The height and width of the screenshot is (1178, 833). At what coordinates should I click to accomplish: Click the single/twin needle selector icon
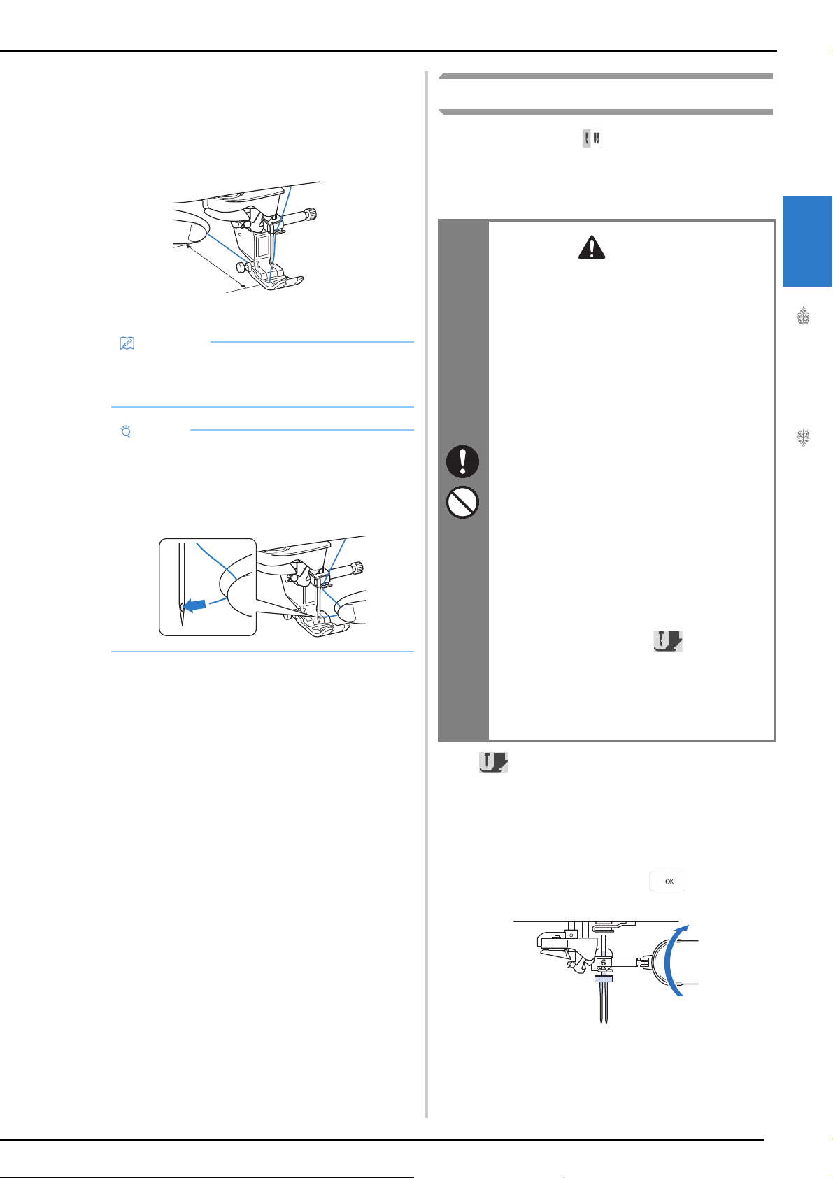(592, 138)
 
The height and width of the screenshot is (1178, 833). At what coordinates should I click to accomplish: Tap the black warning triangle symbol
(592, 247)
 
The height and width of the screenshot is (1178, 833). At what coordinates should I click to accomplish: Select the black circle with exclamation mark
(462, 461)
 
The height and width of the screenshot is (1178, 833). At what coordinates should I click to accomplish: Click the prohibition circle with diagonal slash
(462, 502)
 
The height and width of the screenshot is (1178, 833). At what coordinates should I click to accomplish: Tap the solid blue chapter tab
(808, 241)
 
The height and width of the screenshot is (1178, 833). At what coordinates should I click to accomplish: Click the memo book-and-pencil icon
(127, 343)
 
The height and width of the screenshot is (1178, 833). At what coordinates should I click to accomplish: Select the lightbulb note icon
(126, 432)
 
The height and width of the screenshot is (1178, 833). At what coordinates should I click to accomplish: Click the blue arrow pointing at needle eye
(195, 606)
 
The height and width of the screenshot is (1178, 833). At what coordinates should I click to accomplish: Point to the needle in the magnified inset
(182, 584)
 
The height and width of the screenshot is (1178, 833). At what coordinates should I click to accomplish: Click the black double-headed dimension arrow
(216, 266)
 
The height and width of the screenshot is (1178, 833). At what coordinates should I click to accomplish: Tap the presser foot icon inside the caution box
(668, 641)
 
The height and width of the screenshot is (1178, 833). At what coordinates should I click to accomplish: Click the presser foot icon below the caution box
(493, 762)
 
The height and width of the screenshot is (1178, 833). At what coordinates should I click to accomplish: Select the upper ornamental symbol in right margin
(803, 317)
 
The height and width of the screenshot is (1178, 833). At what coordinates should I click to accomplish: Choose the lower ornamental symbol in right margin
(803, 438)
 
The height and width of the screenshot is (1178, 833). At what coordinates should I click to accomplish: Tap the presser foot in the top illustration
(279, 280)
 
